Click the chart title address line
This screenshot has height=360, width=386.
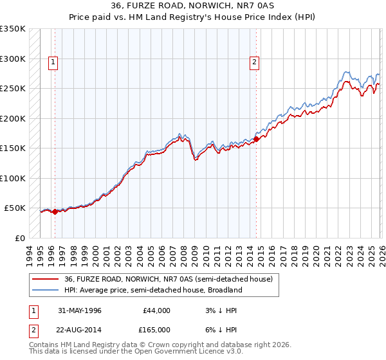[x=192, y=6]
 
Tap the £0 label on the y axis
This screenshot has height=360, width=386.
[x=19, y=238]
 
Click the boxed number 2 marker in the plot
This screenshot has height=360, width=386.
[x=255, y=62]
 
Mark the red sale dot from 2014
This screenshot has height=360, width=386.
[x=256, y=138]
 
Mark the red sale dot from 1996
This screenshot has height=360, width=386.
[x=55, y=212]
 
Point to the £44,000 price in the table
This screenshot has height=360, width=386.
[x=157, y=310]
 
